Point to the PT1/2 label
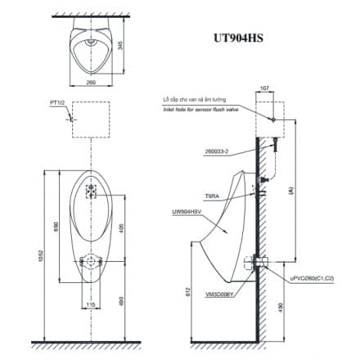[x=56, y=104]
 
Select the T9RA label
[x=211, y=196]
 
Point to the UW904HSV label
[x=186, y=210]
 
